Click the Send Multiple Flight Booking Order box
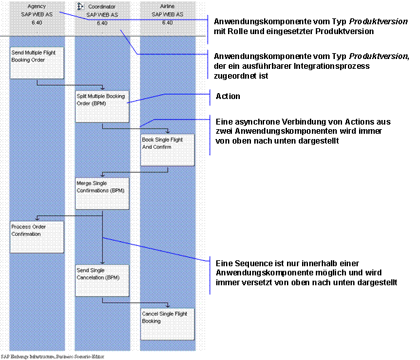coord(37,62)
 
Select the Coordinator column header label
coord(102,5)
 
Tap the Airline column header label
coord(167,5)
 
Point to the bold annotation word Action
coord(227,97)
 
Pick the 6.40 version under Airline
coord(167,22)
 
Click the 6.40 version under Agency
coord(37,22)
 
